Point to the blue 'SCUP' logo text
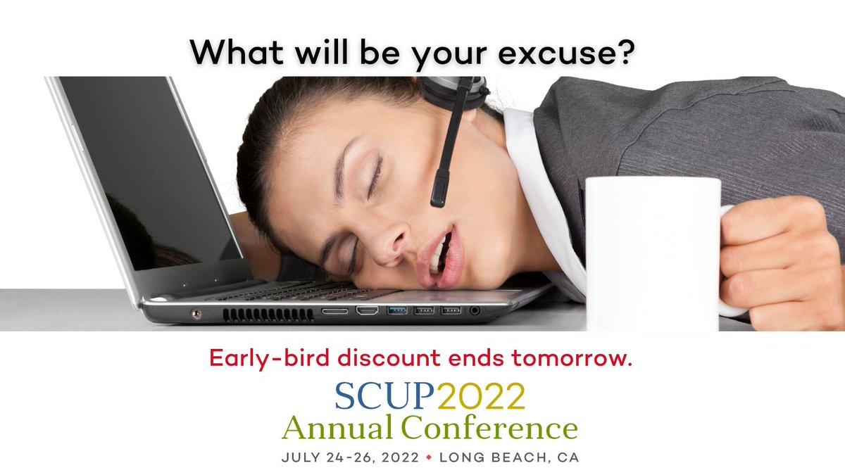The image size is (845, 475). coord(384,395)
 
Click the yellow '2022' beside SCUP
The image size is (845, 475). coord(480,395)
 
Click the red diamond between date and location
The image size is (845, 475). coord(429,457)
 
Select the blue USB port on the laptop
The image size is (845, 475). coord(396,310)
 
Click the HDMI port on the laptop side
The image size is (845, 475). coord(366,310)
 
